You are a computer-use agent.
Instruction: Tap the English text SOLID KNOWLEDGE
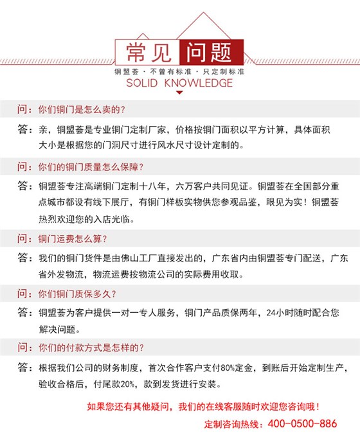[179, 84]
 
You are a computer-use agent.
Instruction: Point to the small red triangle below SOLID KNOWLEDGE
[179, 94]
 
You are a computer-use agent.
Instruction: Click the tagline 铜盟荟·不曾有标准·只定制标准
[179, 70]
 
